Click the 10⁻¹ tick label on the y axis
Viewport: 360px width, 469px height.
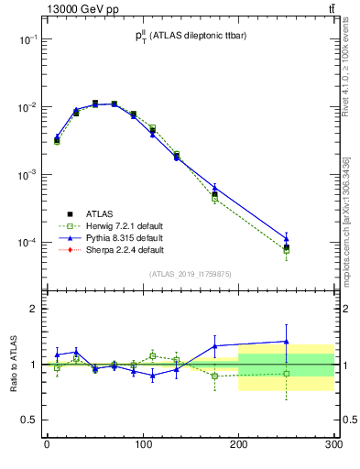[27, 40]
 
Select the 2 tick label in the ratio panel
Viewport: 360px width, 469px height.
[33, 309]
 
